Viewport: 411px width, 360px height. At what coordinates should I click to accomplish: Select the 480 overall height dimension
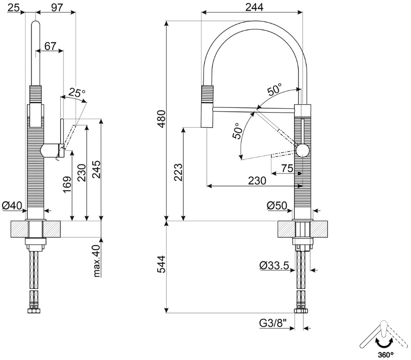point(161,120)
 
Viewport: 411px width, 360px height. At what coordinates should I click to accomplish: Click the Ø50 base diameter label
point(277,206)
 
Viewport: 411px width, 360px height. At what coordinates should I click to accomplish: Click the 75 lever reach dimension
point(287,168)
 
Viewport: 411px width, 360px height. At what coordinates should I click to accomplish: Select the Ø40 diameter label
point(12,205)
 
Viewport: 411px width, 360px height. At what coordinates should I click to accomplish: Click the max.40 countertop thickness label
point(97,261)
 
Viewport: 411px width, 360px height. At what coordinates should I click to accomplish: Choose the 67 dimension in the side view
point(50,46)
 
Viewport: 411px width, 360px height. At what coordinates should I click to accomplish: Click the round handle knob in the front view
point(302,151)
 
